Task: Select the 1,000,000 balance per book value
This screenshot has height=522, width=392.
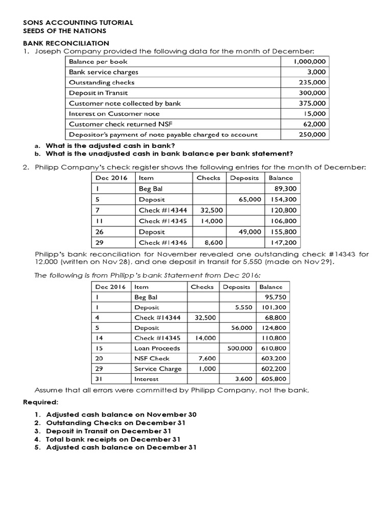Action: (310, 62)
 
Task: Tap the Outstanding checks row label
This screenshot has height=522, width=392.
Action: (102, 83)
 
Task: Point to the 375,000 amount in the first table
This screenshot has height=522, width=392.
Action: (313, 103)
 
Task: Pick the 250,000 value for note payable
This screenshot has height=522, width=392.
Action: (313, 135)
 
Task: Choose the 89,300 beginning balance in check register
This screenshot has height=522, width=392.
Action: (286, 189)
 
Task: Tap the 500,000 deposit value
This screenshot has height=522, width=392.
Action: (239, 348)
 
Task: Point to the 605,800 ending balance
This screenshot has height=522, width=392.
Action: (274, 379)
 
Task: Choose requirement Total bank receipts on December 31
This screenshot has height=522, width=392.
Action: (113, 439)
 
